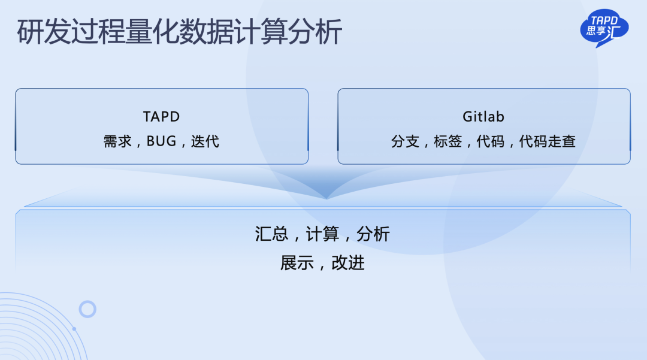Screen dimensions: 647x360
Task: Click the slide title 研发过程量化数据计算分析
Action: click(180, 32)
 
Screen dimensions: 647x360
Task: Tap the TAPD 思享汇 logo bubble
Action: click(604, 28)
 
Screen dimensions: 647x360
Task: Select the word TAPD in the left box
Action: click(161, 117)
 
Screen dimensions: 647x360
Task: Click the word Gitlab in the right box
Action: click(483, 117)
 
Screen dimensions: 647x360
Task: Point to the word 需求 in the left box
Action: click(117, 141)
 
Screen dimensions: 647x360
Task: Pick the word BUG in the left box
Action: click(161, 141)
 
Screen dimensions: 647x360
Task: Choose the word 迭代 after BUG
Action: click(205, 141)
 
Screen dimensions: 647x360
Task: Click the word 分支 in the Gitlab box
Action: click(405, 141)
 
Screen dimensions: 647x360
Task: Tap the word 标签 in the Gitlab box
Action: click(448, 141)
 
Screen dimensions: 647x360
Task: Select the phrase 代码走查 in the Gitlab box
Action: click(547, 141)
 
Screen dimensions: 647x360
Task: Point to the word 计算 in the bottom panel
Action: click(322, 234)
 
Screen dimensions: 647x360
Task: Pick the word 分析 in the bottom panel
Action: click(373, 234)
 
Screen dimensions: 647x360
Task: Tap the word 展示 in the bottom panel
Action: click(297, 263)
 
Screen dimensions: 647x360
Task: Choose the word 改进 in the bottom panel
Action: click(348, 263)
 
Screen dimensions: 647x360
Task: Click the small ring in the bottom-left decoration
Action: click(87, 302)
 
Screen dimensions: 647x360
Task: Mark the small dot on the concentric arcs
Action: click(74, 329)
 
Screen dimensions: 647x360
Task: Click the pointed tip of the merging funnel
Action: click(326, 199)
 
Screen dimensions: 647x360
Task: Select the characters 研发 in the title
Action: click(44, 32)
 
